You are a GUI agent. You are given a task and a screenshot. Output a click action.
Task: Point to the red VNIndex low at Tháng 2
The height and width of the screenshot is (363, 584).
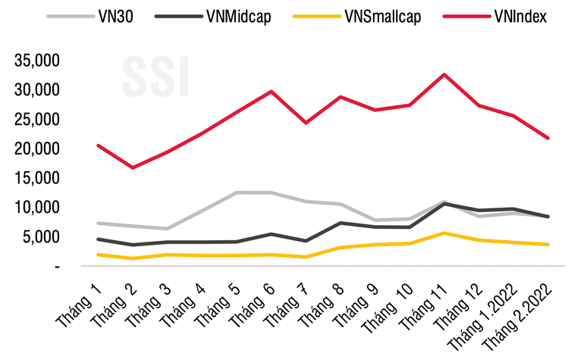[133, 167]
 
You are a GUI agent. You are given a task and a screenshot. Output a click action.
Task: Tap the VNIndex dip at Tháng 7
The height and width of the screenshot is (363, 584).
[306, 123]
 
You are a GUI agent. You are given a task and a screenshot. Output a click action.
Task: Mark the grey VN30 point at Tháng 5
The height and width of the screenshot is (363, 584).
[237, 192]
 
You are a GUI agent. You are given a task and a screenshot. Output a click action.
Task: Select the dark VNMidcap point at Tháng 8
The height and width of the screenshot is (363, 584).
[341, 223]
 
